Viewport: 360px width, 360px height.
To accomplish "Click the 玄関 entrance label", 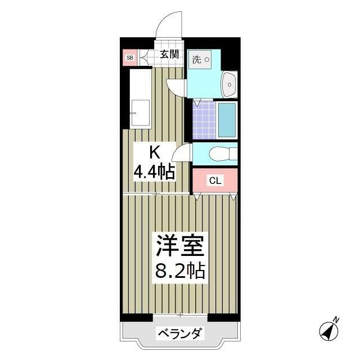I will coord(169,55).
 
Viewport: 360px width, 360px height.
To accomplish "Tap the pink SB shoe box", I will coord(130,57).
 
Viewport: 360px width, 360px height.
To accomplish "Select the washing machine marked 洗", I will coord(200,60).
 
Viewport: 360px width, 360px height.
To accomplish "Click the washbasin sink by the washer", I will coord(229,85).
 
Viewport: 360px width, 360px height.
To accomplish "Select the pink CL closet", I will coord(215,181).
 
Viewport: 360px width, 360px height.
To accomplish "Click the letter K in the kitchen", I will coord(154,152).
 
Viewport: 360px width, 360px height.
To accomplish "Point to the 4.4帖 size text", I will coord(154,172).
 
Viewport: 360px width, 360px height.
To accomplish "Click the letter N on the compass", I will coord(336,320).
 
